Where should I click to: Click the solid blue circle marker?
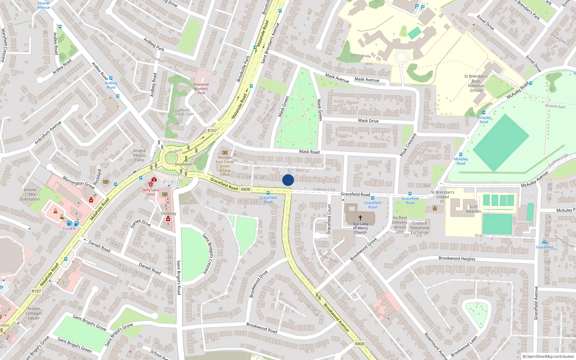(x=288, y=180)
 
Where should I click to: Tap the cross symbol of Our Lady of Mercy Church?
(x=360, y=217)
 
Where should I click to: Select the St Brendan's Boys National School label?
(x=476, y=83)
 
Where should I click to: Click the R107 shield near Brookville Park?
(x=212, y=131)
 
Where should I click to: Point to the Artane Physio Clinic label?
(x=139, y=156)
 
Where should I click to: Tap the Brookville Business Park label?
(x=201, y=89)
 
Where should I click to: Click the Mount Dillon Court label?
(x=184, y=112)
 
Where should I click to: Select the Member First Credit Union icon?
(x=225, y=152)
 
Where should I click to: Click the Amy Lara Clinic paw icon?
(x=150, y=184)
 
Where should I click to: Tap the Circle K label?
(x=69, y=229)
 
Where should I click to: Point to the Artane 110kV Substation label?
(x=30, y=194)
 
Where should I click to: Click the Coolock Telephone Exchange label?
(x=419, y=228)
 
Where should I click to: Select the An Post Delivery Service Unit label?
(x=400, y=225)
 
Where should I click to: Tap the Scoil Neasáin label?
(x=473, y=209)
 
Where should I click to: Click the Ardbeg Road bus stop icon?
(x=111, y=78)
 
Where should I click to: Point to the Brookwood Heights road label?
(x=457, y=258)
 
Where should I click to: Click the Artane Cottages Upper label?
(x=34, y=313)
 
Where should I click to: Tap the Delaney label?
(x=168, y=213)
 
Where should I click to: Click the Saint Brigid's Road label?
(x=179, y=278)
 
